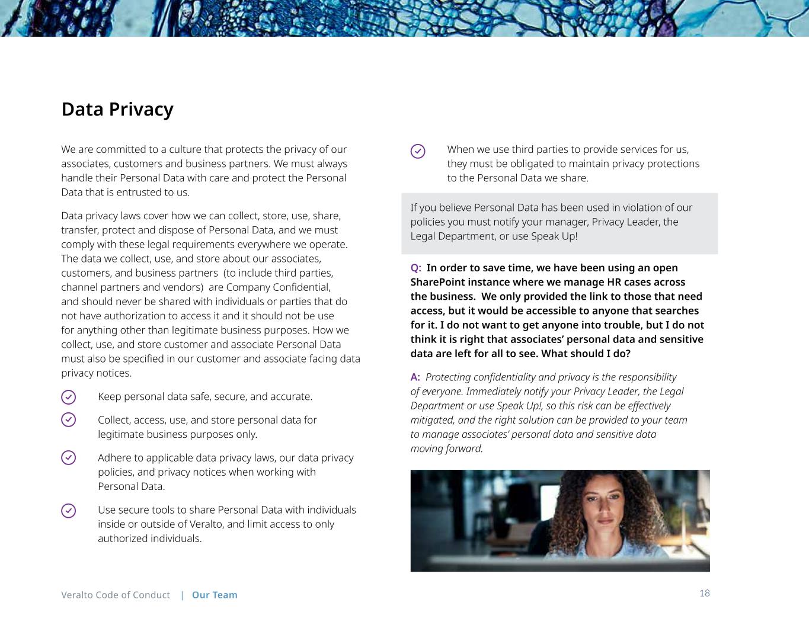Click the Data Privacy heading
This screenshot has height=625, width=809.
[117, 109]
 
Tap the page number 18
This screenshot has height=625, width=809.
[704, 593]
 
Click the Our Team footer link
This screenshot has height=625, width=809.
[215, 595]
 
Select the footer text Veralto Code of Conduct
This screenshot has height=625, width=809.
[116, 595]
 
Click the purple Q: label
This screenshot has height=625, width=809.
[416, 268]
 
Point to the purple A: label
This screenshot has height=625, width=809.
[415, 377]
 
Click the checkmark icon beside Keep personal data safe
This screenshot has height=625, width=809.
[69, 397]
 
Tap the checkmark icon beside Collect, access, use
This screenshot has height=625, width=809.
[69, 419]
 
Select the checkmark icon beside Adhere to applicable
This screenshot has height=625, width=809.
[69, 458]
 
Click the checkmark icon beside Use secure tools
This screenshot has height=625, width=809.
[69, 510]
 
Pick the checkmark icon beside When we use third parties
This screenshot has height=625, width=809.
[418, 151]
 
